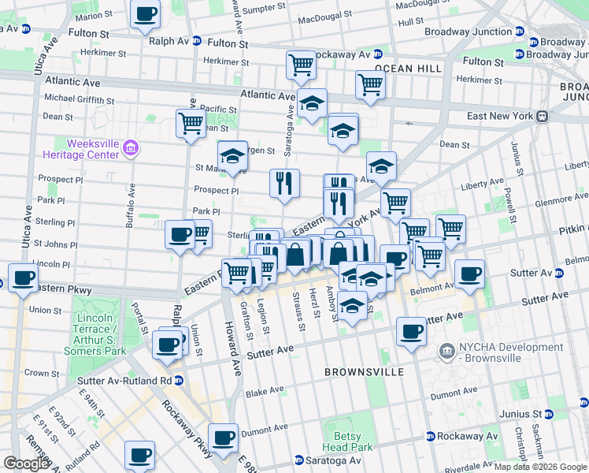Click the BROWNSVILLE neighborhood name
click(x=364, y=371)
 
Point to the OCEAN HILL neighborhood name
click(x=408, y=69)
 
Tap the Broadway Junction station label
click(x=468, y=32)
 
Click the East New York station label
click(x=500, y=116)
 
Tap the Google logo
click(x=26, y=464)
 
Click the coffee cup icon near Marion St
click(x=145, y=14)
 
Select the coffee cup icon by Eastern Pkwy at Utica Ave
click(x=24, y=278)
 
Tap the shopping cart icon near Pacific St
click(x=190, y=123)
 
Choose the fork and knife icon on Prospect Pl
click(x=284, y=182)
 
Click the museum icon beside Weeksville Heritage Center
click(x=132, y=147)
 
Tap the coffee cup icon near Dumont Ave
click(x=224, y=437)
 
